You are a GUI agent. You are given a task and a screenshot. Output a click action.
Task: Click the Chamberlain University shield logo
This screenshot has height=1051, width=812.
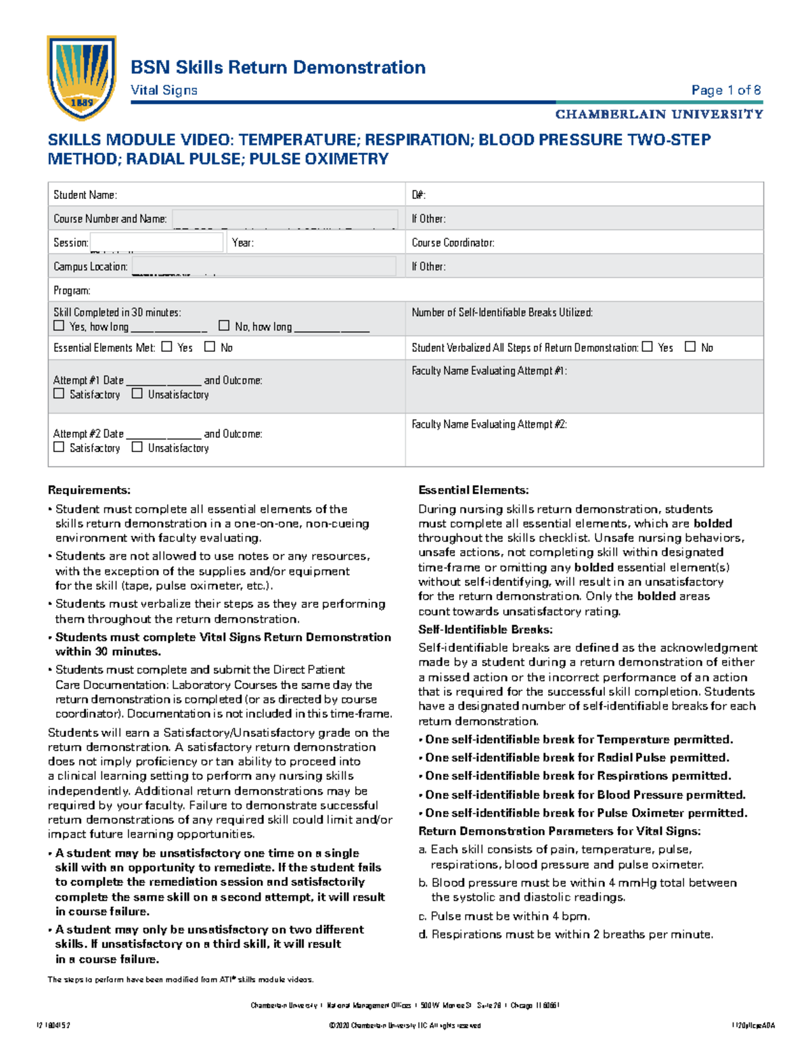[x=81, y=77]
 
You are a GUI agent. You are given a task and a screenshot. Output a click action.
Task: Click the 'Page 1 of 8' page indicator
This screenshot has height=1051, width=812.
[x=725, y=90]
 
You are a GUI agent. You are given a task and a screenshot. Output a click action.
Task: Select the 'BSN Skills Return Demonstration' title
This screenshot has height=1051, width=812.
[x=277, y=67]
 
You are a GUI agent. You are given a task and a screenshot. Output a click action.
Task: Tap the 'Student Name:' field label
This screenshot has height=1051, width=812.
[x=85, y=195]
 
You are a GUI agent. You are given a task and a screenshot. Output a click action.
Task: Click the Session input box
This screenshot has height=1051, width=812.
[x=157, y=242]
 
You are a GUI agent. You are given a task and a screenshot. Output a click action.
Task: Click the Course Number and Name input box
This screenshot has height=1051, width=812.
[x=284, y=219]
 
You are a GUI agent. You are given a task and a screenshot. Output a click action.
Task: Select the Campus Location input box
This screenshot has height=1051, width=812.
[x=264, y=267]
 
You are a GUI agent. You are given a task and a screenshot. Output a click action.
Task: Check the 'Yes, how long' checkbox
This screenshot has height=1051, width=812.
[x=59, y=326]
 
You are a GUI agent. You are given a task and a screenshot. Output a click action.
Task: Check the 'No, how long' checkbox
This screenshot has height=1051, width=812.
[x=224, y=326]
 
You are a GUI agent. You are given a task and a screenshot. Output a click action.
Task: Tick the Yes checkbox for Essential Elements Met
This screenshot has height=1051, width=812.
[x=166, y=346]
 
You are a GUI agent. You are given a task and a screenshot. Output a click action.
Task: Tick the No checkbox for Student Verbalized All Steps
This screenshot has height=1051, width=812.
[x=690, y=346]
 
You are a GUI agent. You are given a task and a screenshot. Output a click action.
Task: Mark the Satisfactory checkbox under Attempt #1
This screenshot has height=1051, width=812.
[x=59, y=393]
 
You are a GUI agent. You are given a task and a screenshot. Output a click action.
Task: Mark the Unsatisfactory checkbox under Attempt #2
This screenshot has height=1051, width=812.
[x=137, y=447]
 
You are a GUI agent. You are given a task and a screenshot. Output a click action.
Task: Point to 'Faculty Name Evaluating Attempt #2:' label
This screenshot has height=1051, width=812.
[x=489, y=424]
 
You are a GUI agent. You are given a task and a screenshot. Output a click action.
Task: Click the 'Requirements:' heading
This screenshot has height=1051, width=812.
[x=89, y=490]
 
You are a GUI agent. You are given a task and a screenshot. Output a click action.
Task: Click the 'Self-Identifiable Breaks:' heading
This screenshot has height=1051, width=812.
[x=485, y=629]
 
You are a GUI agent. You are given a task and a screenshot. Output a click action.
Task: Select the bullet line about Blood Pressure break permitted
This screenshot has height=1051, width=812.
[x=585, y=795]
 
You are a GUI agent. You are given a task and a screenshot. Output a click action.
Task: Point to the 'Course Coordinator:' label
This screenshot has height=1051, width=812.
[x=453, y=242]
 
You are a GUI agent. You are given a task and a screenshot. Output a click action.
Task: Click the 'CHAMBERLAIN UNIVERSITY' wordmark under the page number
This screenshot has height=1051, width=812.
[x=659, y=114]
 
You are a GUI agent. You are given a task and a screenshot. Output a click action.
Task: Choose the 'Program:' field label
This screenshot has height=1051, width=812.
[x=72, y=290]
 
